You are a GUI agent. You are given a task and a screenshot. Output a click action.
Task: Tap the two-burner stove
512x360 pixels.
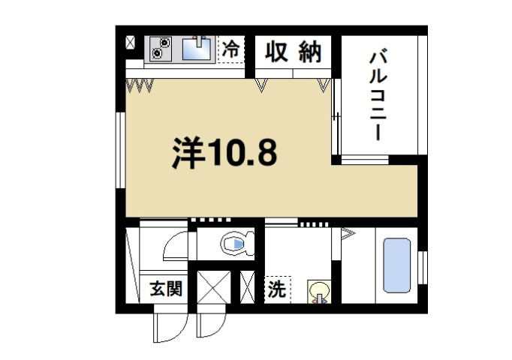pyautogui.click(x=160, y=48)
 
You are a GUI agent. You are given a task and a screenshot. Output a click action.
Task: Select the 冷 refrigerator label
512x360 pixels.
pyautogui.click(x=231, y=49)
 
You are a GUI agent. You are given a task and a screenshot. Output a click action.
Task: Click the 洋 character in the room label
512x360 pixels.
pyautogui.click(x=189, y=152)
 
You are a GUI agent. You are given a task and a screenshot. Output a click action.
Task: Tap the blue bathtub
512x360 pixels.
pyautogui.click(x=396, y=265)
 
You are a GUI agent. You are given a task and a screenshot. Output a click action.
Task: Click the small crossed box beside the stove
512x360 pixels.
pyautogui.click(x=131, y=43)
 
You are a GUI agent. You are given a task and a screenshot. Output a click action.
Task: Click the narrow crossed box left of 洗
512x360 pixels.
pyautogui.click(x=247, y=287)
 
